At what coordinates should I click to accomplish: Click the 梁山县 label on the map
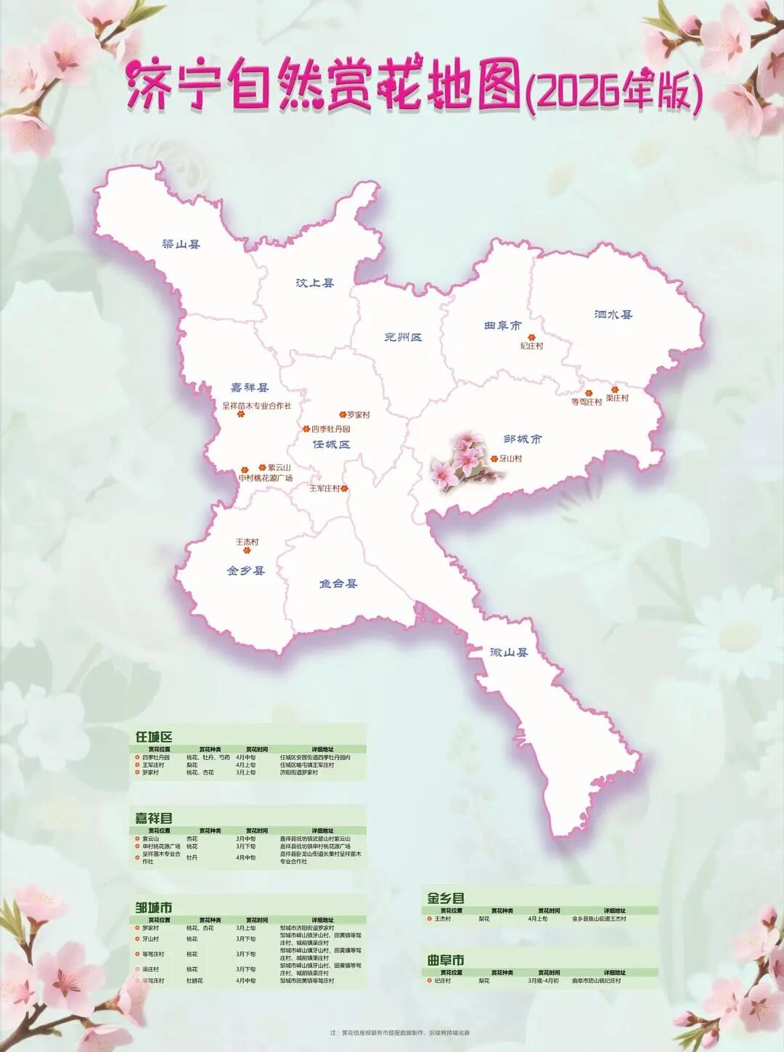tap(181, 245)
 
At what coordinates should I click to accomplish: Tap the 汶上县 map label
tap(315, 283)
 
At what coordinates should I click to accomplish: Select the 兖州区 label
tap(403, 337)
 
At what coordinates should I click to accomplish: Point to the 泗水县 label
tap(613, 315)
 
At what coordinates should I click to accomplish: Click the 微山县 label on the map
tap(509, 652)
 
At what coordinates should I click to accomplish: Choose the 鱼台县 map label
tap(338, 583)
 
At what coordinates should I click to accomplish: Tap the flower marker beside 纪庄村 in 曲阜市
tap(531, 337)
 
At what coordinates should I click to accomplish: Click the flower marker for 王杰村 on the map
tap(247, 551)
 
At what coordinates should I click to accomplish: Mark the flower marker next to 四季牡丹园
tap(306, 429)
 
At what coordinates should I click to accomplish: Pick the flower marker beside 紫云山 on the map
tap(262, 468)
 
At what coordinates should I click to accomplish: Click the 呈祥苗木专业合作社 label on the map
tap(256, 406)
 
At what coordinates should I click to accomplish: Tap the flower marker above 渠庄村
tap(614, 389)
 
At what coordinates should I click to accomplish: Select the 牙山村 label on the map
tap(510, 459)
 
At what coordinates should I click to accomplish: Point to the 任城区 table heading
tap(154, 737)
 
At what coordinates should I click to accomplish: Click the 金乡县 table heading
tap(446, 898)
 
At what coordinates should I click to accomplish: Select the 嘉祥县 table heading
tap(154, 818)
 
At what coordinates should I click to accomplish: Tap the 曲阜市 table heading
tap(446, 960)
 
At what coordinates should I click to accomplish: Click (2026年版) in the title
tap(613, 92)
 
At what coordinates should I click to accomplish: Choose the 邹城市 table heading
tap(154, 907)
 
